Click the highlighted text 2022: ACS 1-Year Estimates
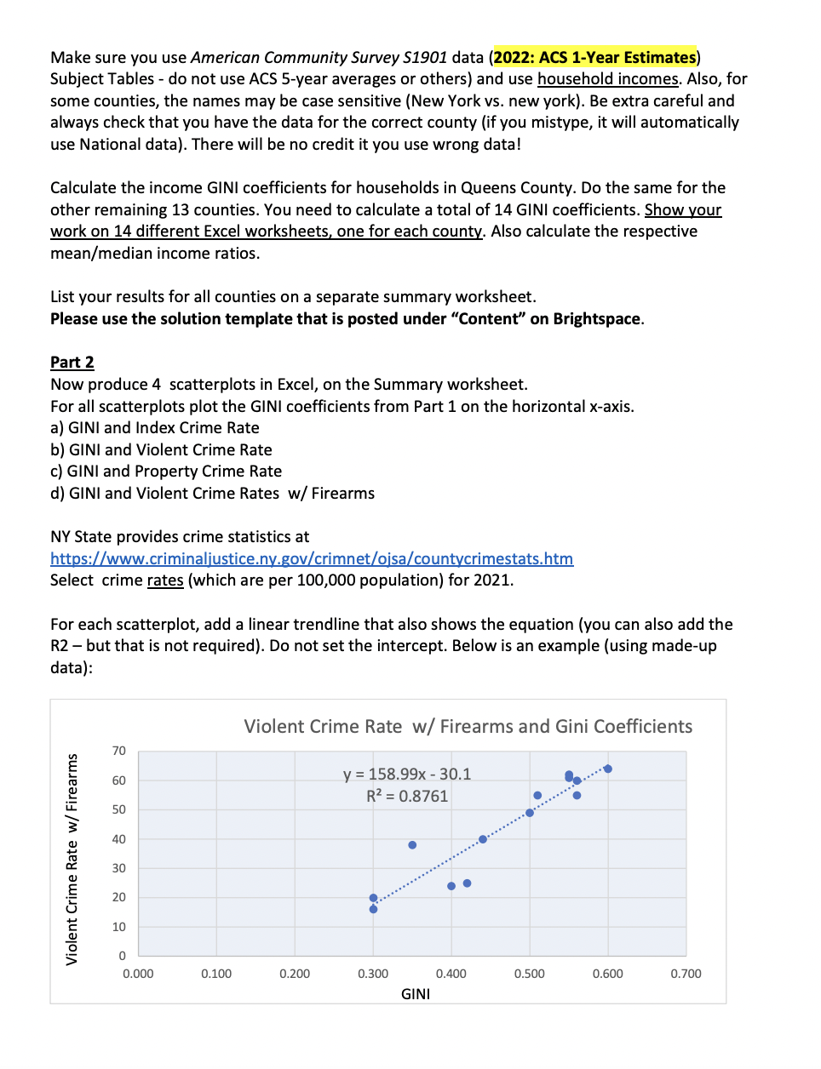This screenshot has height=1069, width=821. tap(594, 57)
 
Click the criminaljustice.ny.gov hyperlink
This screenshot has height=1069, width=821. tap(311, 558)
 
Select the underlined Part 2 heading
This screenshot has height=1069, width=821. tap(72, 362)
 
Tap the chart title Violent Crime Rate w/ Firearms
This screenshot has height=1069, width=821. tap(468, 726)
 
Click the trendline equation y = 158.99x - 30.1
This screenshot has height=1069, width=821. tap(406, 774)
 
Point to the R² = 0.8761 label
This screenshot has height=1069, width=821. tap(406, 796)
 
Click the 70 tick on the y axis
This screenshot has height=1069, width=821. tap(118, 751)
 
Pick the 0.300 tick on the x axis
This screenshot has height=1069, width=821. tap(372, 974)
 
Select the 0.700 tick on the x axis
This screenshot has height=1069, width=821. tap(686, 974)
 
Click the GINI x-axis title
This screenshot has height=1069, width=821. tap(415, 994)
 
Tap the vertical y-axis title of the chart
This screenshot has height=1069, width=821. tap(72, 860)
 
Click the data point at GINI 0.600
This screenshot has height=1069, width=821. tap(607, 769)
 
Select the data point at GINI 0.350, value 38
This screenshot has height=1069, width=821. tap(412, 845)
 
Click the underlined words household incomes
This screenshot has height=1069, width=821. tap(607, 79)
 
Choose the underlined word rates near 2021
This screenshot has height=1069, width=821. tap(164, 580)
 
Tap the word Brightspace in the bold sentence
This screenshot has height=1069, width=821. tap(596, 318)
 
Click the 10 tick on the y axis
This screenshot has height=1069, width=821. tap(118, 927)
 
